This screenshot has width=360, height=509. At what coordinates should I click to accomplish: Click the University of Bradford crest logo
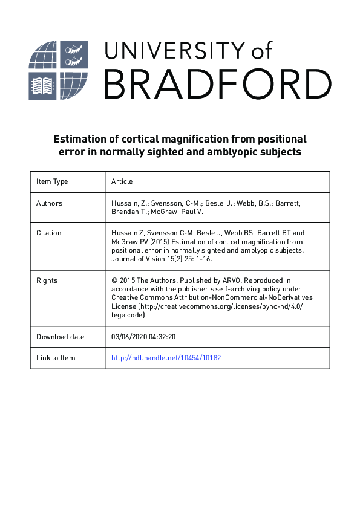click(x=59, y=70)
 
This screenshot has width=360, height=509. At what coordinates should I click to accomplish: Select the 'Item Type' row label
click(x=52, y=181)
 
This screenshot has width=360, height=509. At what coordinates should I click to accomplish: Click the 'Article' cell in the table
click(x=122, y=181)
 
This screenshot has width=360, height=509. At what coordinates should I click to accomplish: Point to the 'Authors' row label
click(x=49, y=203)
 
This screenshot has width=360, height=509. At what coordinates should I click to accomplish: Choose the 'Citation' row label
click(x=49, y=233)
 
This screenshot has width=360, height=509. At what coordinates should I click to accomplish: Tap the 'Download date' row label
click(x=61, y=337)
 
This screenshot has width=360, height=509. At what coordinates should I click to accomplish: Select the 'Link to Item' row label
click(x=56, y=358)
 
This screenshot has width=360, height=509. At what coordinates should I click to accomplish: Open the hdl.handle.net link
click(x=166, y=358)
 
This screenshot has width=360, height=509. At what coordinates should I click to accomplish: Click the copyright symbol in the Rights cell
click(x=114, y=280)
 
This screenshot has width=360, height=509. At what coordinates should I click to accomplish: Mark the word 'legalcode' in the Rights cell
click(x=129, y=314)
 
